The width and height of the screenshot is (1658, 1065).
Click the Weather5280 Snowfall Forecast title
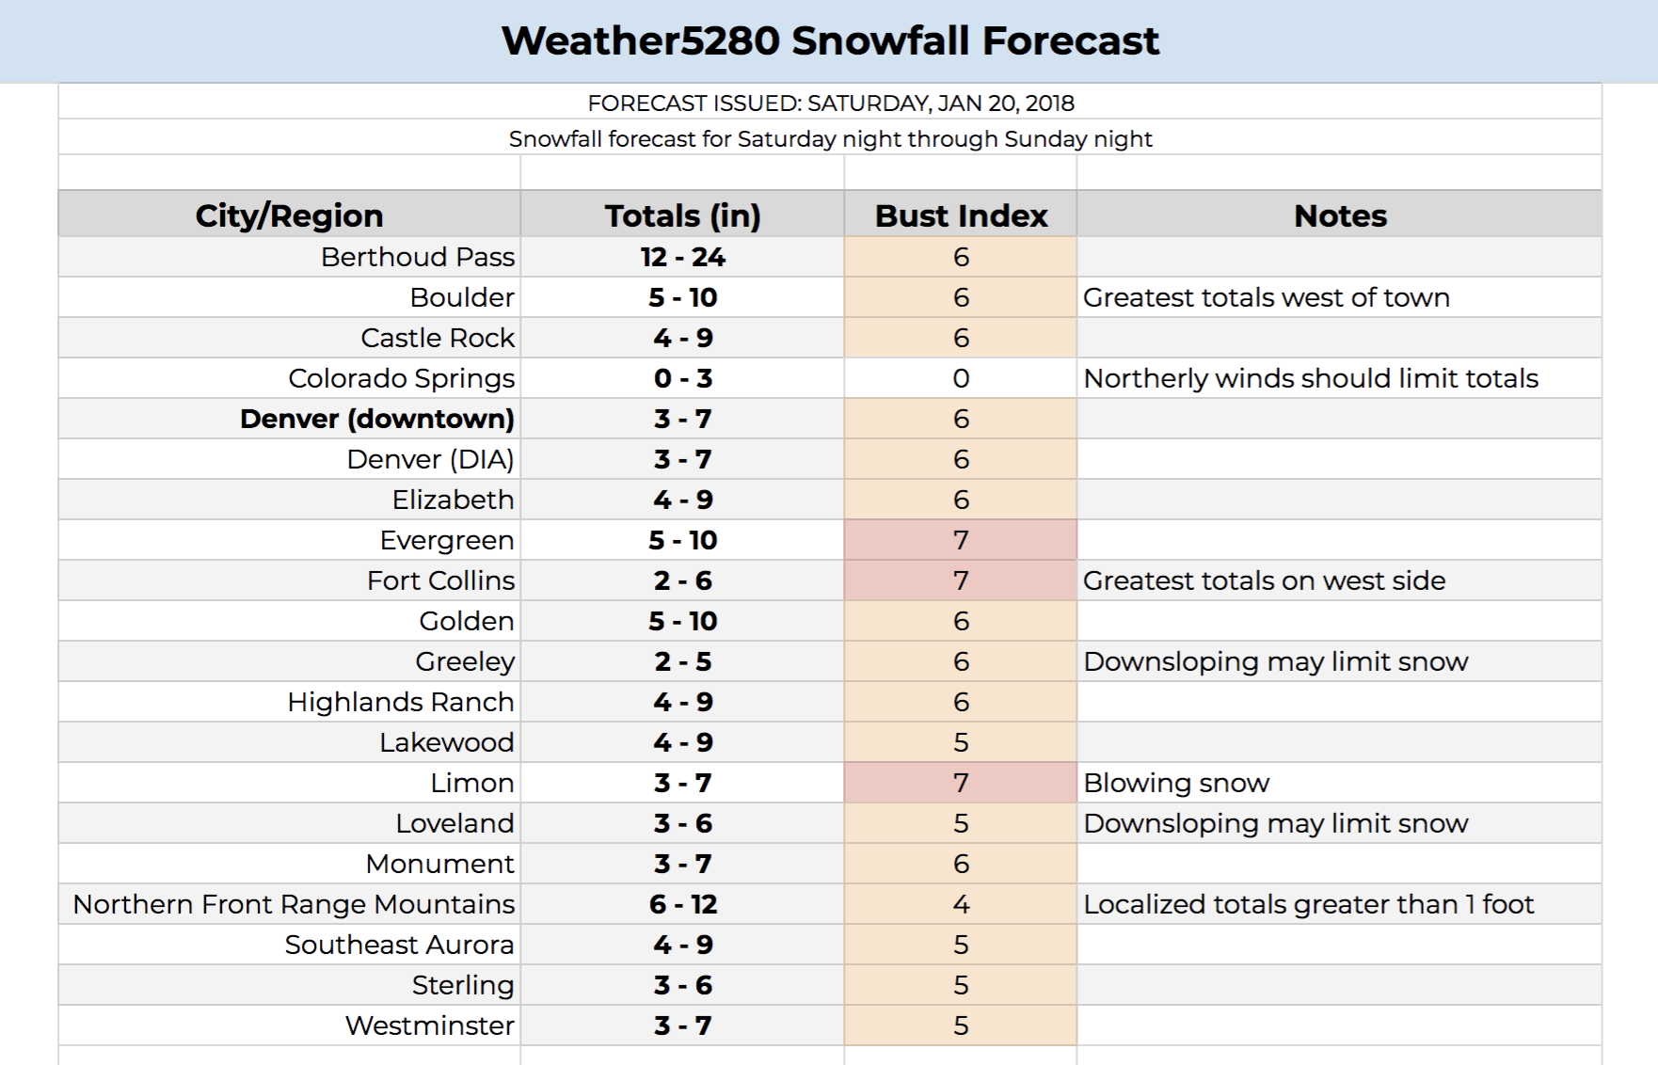coord(830,40)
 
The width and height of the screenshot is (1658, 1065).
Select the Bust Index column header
coord(961,215)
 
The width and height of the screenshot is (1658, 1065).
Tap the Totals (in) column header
coord(682,215)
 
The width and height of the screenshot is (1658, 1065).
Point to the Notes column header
coord(1340,215)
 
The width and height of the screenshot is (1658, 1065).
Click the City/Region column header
coord(289,215)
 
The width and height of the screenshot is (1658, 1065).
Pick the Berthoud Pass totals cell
coord(682,257)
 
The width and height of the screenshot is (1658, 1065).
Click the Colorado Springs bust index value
coord(961,378)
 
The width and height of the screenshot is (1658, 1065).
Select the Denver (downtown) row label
coord(376,419)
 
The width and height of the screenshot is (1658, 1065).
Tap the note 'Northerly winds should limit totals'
coord(1311,378)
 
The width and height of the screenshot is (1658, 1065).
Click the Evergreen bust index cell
coord(961,540)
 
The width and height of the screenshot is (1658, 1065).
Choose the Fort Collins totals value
coord(682,580)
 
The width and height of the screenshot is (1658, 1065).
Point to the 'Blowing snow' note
coord(1176,783)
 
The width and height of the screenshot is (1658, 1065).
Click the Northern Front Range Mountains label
coord(294,904)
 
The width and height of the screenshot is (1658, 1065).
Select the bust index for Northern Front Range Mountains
coord(961,904)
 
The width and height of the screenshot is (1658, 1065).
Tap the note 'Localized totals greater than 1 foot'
coord(1309,904)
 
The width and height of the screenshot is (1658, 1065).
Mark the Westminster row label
coord(429,1025)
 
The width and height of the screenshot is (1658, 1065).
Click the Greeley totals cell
coord(682,661)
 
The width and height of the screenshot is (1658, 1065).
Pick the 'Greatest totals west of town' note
coord(1267,297)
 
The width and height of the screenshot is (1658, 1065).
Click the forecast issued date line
coord(831,103)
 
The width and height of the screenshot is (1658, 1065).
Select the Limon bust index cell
coord(961,783)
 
